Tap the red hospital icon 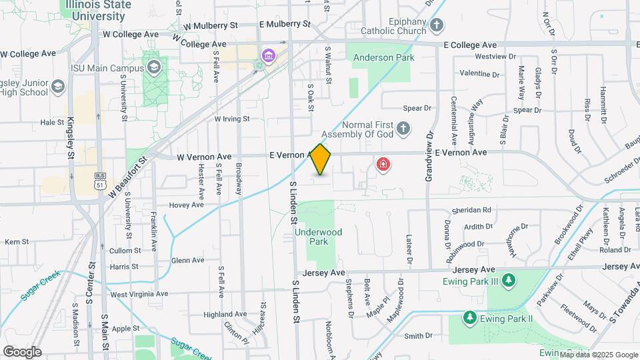click(x=383, y=164)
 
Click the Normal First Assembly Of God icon click(x=403, y=128)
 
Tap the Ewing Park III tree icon click(x=509, y=280)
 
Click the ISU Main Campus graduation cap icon click(x=155, y=67)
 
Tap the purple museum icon click(x=269, y=54)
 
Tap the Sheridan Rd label click(x=471, y=209)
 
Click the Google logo click(x=22, y=352)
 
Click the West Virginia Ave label click(x=139, y=294)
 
